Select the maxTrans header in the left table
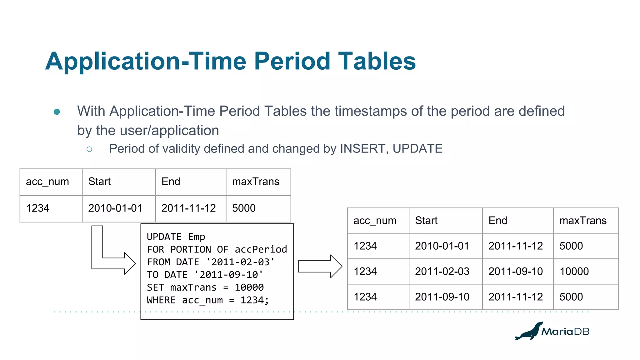coord(256,182)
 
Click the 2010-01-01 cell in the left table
coord(115,208)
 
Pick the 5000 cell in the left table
coord(244,208)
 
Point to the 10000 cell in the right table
coord(574,271)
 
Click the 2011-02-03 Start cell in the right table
coord(442,271)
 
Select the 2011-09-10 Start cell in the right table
coord(442,297)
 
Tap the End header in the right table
coord(498,221)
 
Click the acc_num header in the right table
coord(375,221)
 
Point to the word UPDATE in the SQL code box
coord(164,237)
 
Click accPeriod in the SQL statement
coord(261,249)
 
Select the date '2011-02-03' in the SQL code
coord(240,262)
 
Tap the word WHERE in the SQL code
coord(161,300)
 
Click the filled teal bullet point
coord(57,112)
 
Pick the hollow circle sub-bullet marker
coord(89,149)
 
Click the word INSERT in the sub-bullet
coord(362,149)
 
